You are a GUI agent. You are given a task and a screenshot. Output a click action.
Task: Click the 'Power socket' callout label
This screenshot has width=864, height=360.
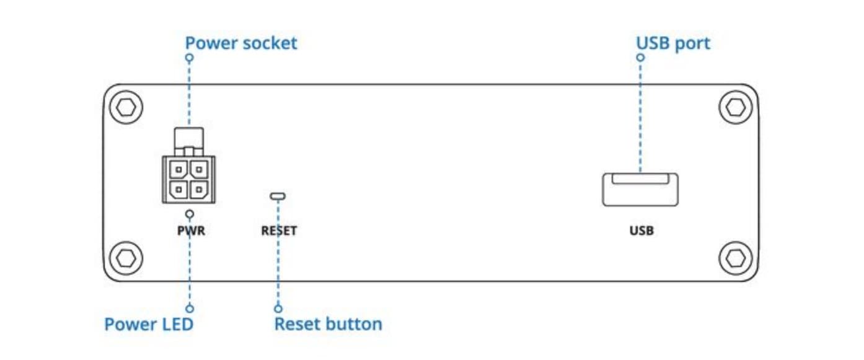pyautogui.click(x=241, y=43)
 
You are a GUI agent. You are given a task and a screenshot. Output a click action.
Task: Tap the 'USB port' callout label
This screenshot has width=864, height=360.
pyautogui.click(x=673, y=43)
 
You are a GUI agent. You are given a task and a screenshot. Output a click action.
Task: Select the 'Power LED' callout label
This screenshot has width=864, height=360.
pyautogui.click(x=149, y=324)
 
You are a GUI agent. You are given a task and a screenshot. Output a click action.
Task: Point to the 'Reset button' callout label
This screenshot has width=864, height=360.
pyautogui.click(x=328, y=324)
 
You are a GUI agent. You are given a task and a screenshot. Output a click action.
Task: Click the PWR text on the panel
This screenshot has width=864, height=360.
pyautogui.click(x=191, y=230)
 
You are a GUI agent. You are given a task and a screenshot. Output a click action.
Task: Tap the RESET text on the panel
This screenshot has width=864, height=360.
pyautogui.click(x=279, y=230)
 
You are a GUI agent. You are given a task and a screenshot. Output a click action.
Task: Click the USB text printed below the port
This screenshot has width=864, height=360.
pyautogui.click(x=641, y=230)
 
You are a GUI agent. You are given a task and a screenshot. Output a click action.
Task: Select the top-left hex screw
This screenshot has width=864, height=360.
pyautogui.click(x=126, y=107)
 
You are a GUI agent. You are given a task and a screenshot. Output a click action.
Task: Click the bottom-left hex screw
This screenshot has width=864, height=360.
pyautogui.click(x=126, y=258)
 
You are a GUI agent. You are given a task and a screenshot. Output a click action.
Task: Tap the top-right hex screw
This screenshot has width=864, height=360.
pyautogui.click(x=736, y=107)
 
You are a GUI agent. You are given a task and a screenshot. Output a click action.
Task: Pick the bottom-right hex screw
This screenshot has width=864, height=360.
pyautogui.click(x=736, y=258)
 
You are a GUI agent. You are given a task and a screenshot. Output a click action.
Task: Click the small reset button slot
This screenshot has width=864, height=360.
pyautogui.click(x=278, y=196)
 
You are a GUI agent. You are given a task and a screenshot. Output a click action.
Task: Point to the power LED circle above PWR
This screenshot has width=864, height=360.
pyautogui.click(x=190, y=214)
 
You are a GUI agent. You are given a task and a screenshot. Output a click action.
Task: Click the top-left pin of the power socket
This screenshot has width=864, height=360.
pyautogui.click(x=179, y=169)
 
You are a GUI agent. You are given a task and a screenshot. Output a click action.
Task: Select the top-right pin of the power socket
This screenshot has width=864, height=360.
pyautogui.click(x=199, y=169)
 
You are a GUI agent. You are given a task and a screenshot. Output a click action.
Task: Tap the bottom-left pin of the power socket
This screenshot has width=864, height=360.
pyautogui.click(x=179, y=190)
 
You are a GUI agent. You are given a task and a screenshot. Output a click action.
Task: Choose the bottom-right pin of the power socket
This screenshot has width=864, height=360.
pyautogui.click(x=199, y=190)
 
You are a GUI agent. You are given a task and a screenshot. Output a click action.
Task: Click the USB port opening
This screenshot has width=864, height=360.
pyautogui.click(x=640, y=190)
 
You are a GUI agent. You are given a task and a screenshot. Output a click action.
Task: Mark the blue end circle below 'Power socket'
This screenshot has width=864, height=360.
pyautogui.click(x=189, y=58)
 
